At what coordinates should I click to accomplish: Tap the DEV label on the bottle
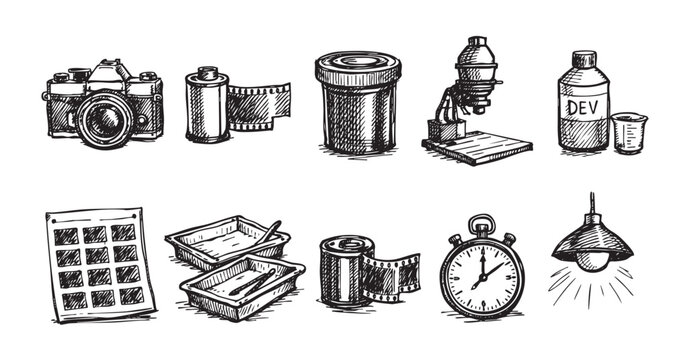pos(583,106)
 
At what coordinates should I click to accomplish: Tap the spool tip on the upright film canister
pos(208,71)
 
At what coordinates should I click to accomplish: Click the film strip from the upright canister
pos(258,108)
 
